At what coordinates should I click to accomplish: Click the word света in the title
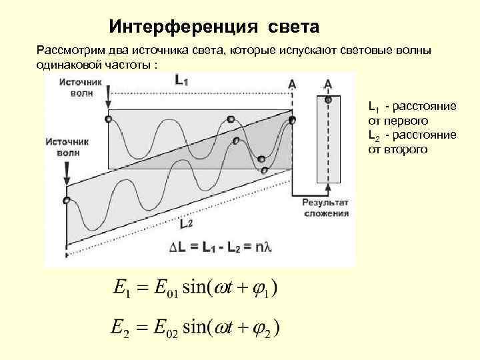coord(294,27)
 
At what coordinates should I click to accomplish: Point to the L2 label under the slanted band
coord(186,225)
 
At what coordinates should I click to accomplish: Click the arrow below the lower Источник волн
coord(67,176)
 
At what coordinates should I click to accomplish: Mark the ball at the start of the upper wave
coord(108,119)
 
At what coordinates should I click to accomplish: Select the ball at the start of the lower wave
coord(66,199)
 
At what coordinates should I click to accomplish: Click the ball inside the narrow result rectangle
coord(328,100)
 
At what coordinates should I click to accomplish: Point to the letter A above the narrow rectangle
coord(328,84)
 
